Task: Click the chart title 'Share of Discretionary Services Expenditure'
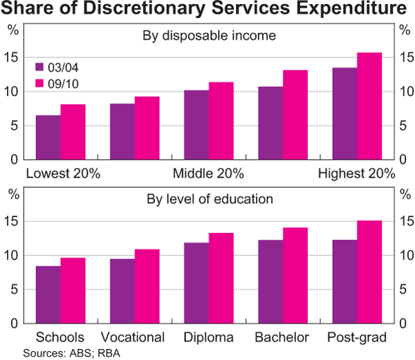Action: coord(207,10)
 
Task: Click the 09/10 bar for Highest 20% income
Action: coord(369,106)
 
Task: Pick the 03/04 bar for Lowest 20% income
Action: coord(48,138)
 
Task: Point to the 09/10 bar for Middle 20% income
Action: coord(221,121)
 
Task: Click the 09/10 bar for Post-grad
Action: coord(369,272)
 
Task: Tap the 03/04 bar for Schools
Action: coord(48,295)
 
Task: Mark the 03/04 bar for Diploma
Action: coord(196,283)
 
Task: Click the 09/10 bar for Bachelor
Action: coord(295,276)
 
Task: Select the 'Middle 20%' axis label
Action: coord(208,173)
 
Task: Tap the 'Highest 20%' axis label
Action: coord(356,173)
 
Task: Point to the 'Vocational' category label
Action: coord(133,338)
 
